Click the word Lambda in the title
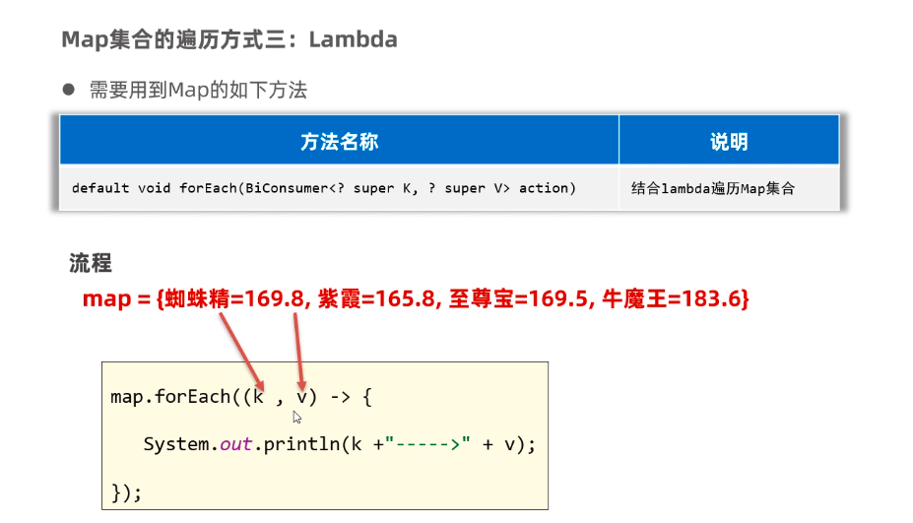(354, 39)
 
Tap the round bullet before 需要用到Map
(69, 90)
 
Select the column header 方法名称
(339, 142)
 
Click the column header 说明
(729, 142)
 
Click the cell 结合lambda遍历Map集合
(713, 187)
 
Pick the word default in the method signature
(100, 187)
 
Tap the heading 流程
(91, 263)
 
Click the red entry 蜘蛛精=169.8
(231, 299)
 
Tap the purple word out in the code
(236, 444)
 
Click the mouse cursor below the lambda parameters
(297, 417)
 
